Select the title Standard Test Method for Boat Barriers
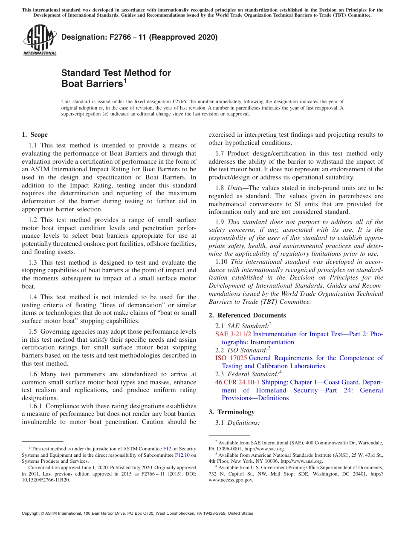pyautogui.click(x=116, y=78)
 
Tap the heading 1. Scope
pyautogui.click(x=35, y=135)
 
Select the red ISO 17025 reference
pyautogui.click(x=231, y=358)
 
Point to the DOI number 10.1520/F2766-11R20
pyautogui.click(x=46, y=480)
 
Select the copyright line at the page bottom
pyautogui.click(x=137, y=513)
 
